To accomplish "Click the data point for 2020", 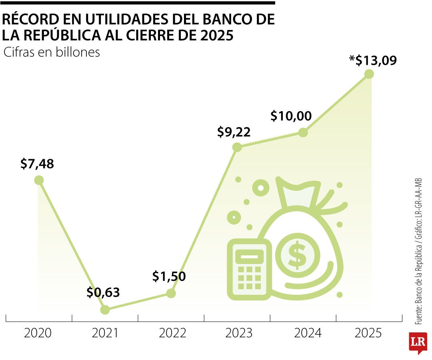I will (x=39, y=180).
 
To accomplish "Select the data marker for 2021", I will (x=105, y=310).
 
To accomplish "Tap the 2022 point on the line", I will (x=171, y=293).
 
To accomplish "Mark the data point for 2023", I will (x=237, y=147).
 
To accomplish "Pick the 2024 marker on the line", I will (x=303, y=132).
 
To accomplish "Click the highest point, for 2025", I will (x=369, y=74).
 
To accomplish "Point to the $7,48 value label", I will (x=37, y=164).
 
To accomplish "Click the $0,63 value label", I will (x=103, y=293).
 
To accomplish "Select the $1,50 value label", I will (x=169, y=276).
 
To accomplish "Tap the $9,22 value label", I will (x=234, y=132).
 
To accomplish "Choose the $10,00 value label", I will (x=291, y=116).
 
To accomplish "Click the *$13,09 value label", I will (x=372, y=60).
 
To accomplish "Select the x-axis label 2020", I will (x=38, y=333).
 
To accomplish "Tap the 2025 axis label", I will (x=368, y=333).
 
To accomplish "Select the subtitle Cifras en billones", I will (x=52, y=52).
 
